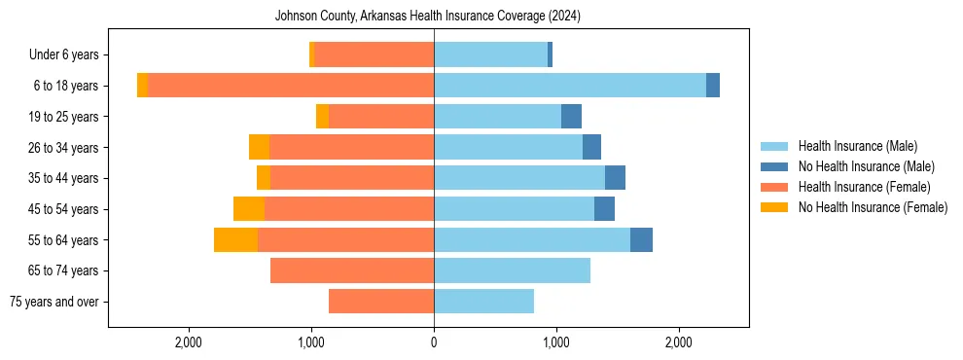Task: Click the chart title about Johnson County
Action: point(428,16)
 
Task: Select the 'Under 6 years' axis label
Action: point(69,55)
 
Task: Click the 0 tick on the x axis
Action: point(434,342)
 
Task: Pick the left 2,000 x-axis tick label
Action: point(188,342)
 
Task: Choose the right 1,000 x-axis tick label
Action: point(556,342)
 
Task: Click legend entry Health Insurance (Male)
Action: point(857,146)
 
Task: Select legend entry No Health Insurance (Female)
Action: point(873,207)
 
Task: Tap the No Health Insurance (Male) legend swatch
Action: point(775,166)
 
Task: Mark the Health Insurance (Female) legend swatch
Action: point(775,187)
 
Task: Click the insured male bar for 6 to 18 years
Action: point(570,86)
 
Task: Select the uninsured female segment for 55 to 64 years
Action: point(235,240)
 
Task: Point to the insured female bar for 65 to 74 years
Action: point(352,270)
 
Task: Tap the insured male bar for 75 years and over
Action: point(483,302)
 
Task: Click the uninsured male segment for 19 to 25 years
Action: point(571,117)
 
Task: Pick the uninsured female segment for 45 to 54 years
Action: point(249,209)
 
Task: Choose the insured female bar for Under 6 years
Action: point(374,55)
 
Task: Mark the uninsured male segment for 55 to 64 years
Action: point(641,240)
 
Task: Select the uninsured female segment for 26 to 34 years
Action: point(259,148)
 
